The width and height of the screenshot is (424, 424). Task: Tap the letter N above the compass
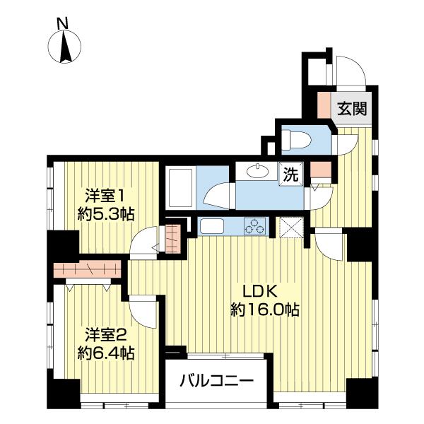point(63,23)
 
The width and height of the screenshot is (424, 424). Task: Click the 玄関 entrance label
point(350,109)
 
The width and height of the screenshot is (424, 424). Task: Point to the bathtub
point(179,187)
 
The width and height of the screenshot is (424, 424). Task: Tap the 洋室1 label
point(106,195)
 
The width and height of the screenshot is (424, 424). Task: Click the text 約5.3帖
point(106,213)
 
